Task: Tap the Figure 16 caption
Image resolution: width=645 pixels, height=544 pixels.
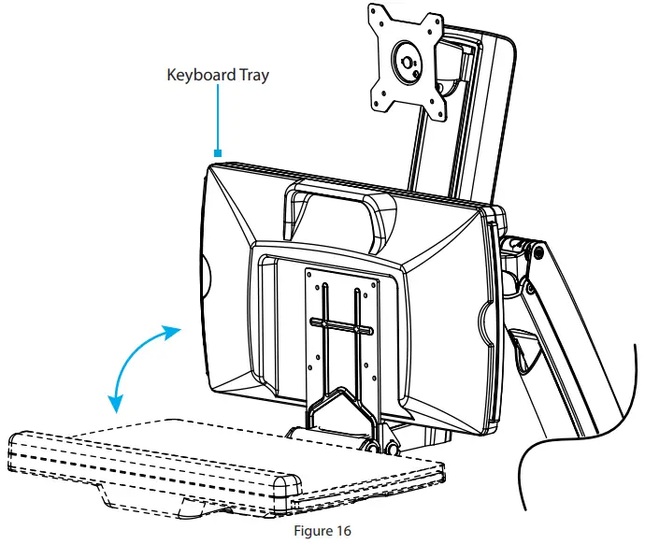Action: (322, 531)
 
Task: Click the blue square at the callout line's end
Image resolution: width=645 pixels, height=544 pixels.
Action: (218, 154)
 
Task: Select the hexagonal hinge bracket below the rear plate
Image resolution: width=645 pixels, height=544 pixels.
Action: (341, 411)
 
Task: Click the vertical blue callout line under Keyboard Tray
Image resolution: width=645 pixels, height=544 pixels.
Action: (218, 122)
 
